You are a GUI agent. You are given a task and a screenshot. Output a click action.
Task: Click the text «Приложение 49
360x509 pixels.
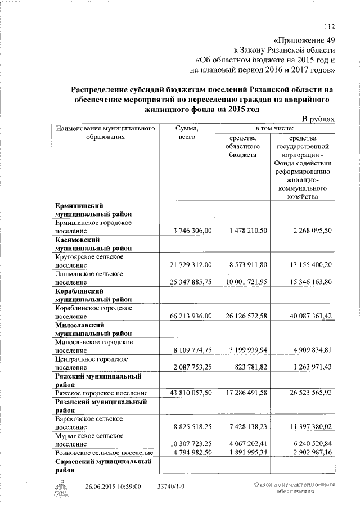click(304, 41)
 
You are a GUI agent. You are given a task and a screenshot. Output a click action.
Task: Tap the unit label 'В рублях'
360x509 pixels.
click(318, 119)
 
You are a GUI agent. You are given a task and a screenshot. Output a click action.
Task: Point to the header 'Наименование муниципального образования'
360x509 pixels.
click(105, 133)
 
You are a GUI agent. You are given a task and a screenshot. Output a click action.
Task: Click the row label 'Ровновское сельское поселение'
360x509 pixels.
click(104, 453)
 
